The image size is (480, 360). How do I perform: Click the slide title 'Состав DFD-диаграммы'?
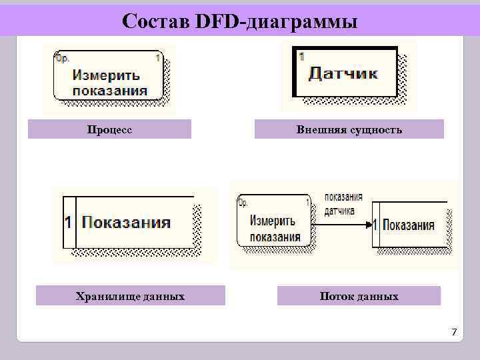240,22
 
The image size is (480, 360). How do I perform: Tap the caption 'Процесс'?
109,129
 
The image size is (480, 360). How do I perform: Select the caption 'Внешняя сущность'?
349,129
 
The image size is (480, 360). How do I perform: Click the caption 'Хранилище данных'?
130,296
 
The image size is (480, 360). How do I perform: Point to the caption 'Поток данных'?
359,296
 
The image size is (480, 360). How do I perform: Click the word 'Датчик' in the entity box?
343,73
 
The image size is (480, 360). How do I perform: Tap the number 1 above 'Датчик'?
301,57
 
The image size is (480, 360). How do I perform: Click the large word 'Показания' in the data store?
127,223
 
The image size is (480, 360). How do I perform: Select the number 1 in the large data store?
68,223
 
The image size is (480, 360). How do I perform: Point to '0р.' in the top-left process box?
63,58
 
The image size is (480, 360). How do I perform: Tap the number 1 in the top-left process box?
157,58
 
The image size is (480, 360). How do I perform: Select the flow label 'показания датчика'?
343,205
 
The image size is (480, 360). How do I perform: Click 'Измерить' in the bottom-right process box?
271,221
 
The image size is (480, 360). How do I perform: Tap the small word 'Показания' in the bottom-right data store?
409,225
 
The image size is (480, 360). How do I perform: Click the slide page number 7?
454,331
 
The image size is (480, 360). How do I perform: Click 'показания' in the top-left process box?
109,91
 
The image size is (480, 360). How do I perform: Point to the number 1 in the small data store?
375,225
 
